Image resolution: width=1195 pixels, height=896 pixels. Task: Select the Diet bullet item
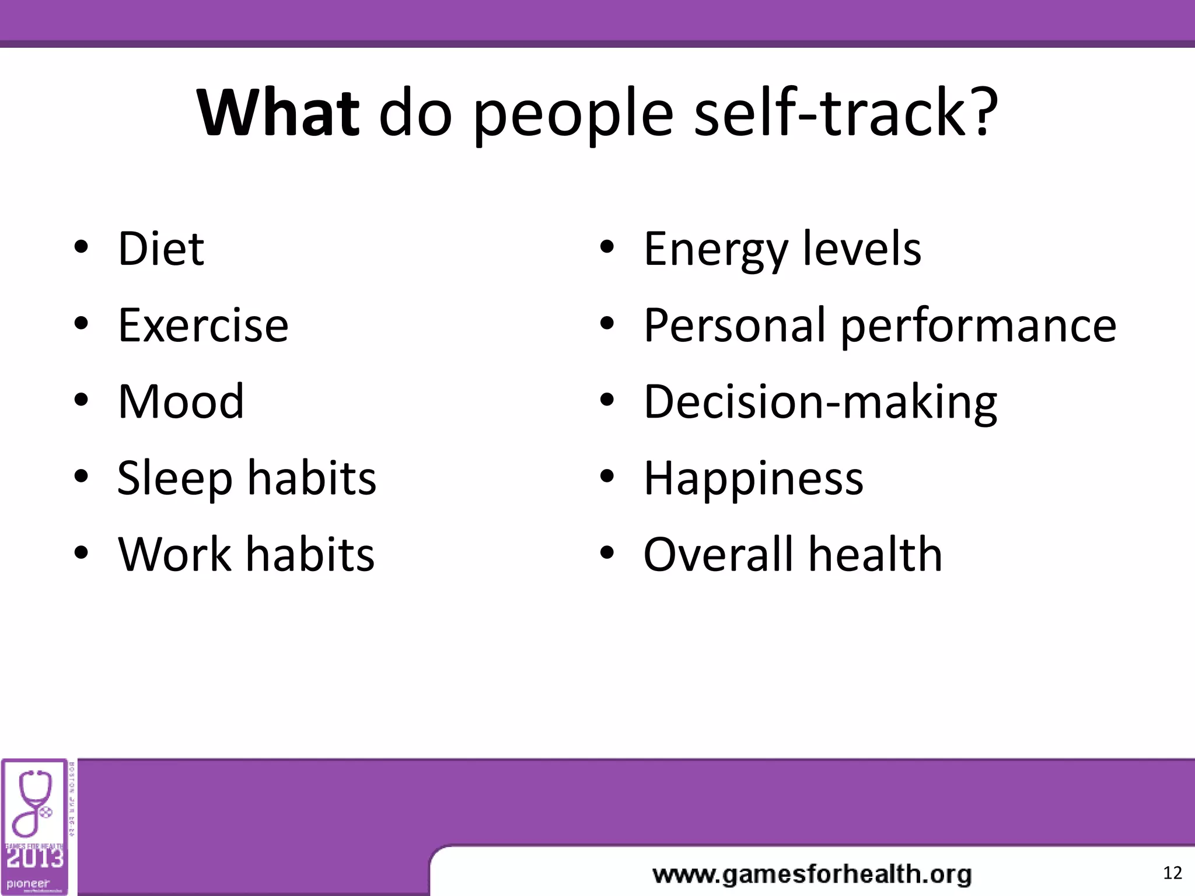(161, 249)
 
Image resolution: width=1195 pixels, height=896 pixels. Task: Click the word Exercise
(203, 325)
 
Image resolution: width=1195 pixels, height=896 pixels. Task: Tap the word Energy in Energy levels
(715, 250)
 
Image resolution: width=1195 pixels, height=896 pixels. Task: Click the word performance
(978, 325)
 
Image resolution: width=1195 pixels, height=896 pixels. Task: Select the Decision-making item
(820, 402)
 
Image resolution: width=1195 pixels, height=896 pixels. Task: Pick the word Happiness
(753, 478)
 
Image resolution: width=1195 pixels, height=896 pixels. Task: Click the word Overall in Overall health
(718, 554)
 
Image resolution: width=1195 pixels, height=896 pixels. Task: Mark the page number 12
(1172, 873)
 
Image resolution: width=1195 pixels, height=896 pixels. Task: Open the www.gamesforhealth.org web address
(812, 874)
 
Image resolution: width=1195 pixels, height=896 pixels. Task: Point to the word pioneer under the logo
(28, 884)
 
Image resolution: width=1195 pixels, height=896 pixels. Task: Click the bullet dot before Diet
(81, 247)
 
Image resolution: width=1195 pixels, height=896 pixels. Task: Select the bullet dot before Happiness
(607, 477)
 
